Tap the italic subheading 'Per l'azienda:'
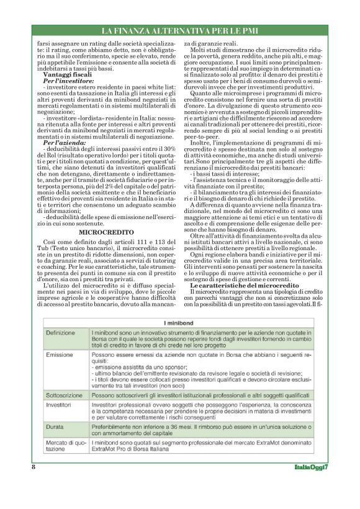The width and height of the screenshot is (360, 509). [x=60, y=142]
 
